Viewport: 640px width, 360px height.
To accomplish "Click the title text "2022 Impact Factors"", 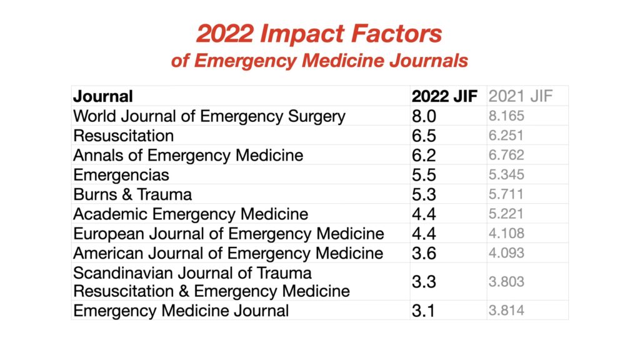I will [319, 34].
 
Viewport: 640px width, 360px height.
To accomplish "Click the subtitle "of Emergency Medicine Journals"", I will [319, 62].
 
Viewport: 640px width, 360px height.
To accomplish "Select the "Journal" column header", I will [103, 96].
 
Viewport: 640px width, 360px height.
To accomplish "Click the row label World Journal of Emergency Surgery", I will [209, 116].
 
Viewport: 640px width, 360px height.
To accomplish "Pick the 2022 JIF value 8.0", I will [424, 116].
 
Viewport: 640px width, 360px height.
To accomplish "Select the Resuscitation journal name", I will [123, 136].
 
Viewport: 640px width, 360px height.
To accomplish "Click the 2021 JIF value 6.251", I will [506, 136].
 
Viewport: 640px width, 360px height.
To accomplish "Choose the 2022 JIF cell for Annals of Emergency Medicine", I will [424, 155].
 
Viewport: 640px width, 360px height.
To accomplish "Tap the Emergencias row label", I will [121, 174].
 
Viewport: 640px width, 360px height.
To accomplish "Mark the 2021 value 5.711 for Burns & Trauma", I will [506, 194].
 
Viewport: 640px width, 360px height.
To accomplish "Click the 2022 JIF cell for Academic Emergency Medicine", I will [424, 214].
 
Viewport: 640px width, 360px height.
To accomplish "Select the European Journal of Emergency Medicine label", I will [228, 234].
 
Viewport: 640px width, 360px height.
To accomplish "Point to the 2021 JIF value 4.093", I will [506, 253].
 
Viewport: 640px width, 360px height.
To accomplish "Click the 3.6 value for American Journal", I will [424, 253].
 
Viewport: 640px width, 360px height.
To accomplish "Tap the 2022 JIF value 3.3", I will [424, 282].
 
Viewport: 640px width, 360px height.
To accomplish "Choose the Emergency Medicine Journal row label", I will [181, 311].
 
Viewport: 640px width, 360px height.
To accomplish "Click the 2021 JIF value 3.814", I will [506, 311].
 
